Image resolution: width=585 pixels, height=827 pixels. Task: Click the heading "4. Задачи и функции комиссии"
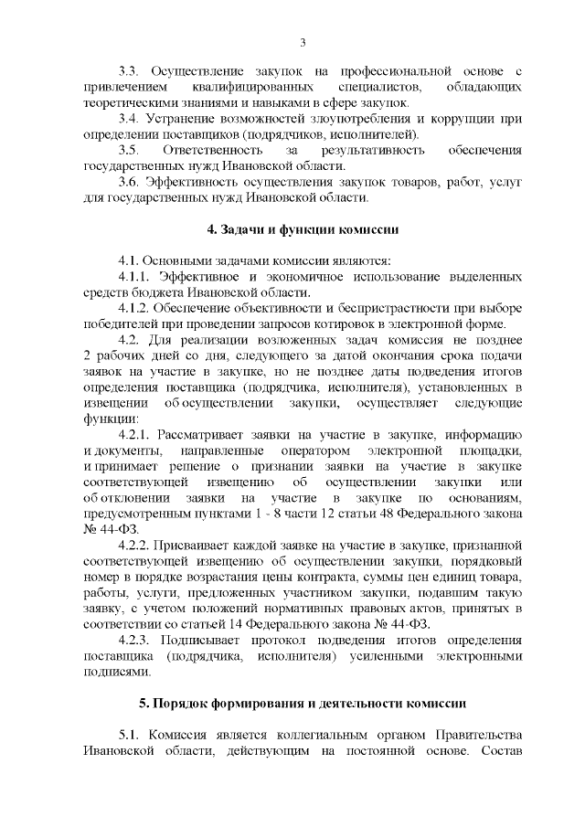[x=302, y=228]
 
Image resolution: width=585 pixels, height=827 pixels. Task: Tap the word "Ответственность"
[x=218, y=150]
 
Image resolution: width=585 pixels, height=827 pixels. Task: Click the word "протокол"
[x=283, y=640]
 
